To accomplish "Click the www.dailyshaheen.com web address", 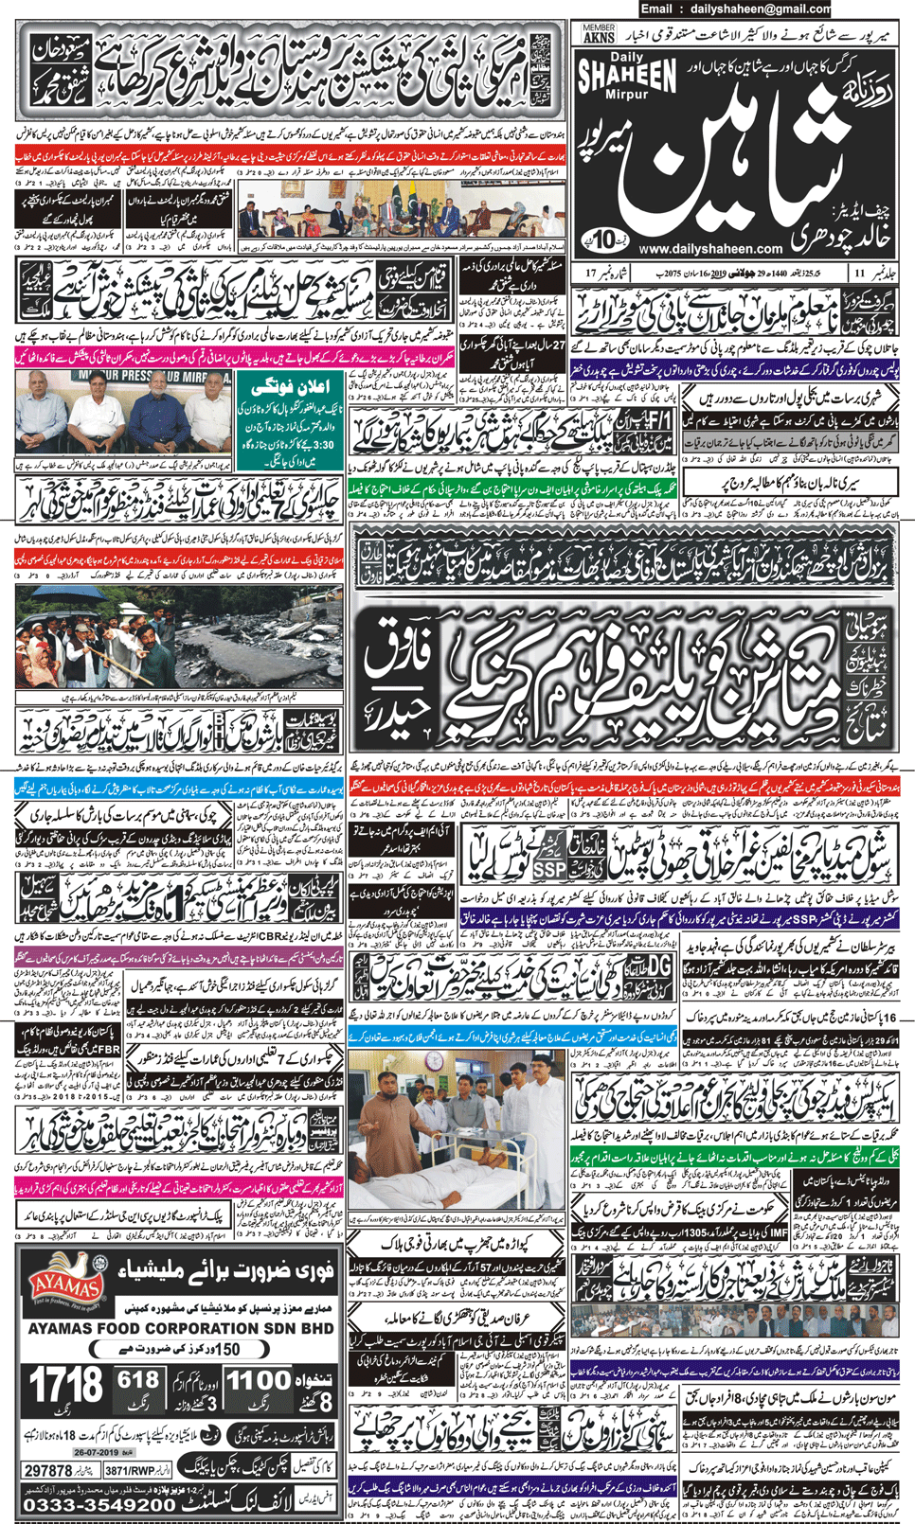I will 710,249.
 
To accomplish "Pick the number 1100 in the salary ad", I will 258,1381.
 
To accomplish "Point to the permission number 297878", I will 48,1471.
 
